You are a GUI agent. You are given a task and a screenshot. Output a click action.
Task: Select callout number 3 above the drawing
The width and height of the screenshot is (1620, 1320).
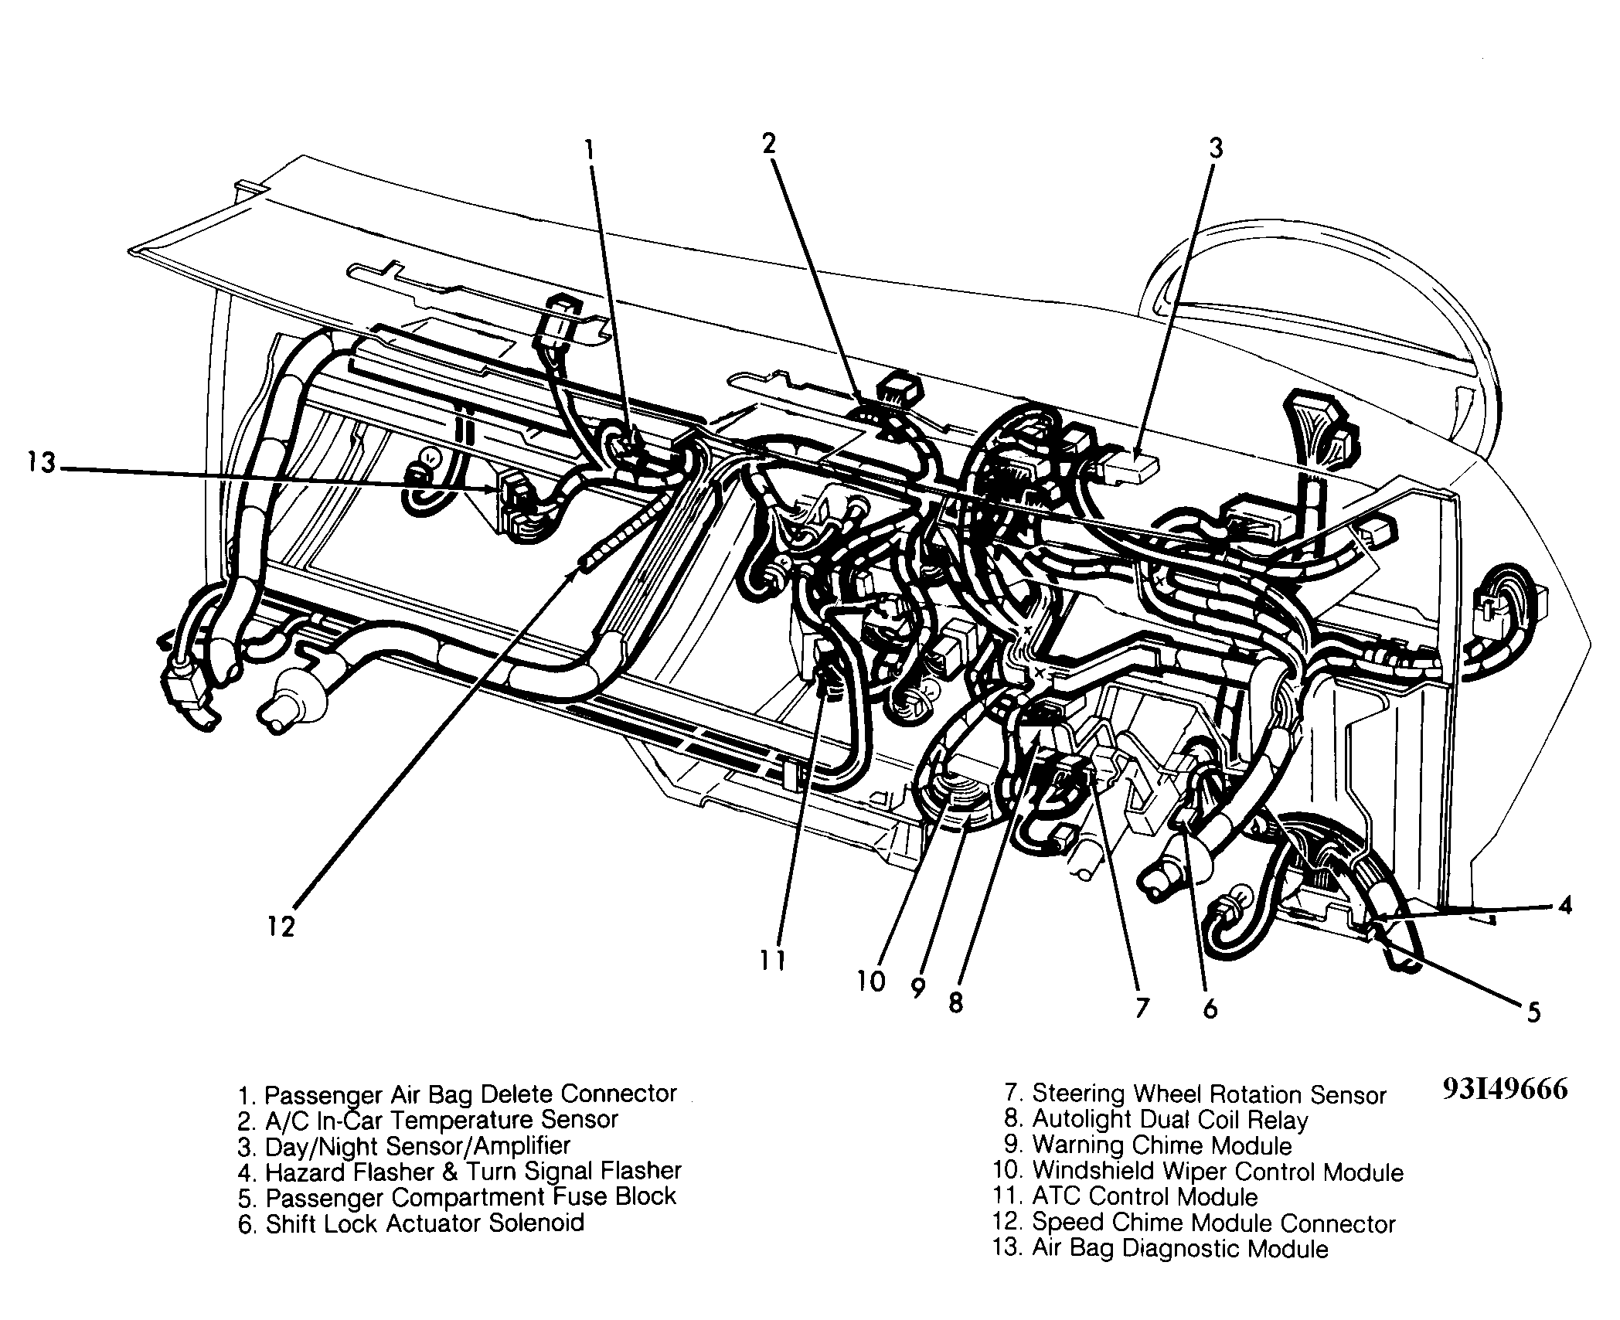(1216, 148)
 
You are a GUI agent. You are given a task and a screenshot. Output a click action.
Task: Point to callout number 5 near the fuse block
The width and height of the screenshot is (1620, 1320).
(1533, 1012)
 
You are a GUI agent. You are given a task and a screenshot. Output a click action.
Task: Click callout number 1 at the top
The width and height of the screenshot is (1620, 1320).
(590, 148)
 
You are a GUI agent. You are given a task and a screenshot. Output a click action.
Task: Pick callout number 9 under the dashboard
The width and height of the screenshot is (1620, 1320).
(918, 988)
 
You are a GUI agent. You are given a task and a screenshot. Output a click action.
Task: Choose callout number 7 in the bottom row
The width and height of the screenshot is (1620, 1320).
(1142, 1007)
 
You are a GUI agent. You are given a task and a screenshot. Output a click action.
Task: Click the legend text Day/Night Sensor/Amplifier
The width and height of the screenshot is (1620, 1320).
(405, 1146)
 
